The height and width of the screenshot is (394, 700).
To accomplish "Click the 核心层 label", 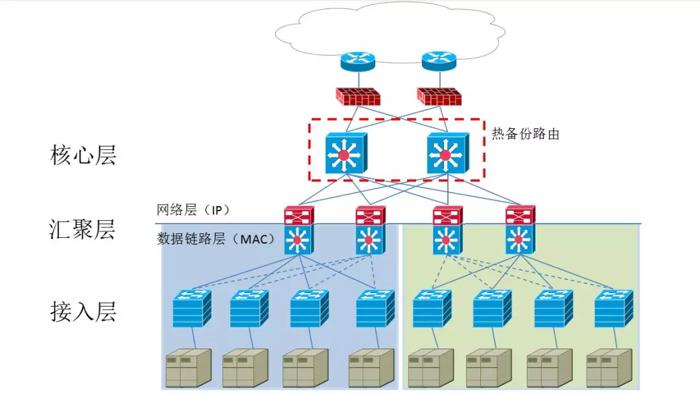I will click(83, 156).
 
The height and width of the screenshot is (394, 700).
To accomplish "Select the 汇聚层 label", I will click(82, 229).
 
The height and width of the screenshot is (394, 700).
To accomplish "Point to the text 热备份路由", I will click(526, 134).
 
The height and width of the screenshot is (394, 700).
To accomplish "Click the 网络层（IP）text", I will click(193, 211).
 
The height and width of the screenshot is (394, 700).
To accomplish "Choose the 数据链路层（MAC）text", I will click(216, 238).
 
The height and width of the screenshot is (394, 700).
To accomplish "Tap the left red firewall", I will click(358, 96).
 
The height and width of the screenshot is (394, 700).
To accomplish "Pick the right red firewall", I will click(439, 96).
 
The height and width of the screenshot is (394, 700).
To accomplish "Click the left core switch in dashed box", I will click(345, 154).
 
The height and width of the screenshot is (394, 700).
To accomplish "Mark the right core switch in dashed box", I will click(447, 154).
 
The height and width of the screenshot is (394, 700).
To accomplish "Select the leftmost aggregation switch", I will click(299, 231).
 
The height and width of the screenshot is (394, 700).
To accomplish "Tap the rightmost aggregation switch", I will click(520, 231).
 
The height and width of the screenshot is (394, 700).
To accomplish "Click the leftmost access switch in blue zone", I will click(192, 308).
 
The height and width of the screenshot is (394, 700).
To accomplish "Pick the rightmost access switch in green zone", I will click(613, 308).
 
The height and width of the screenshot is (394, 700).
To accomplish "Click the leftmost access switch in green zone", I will click(432, 308).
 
